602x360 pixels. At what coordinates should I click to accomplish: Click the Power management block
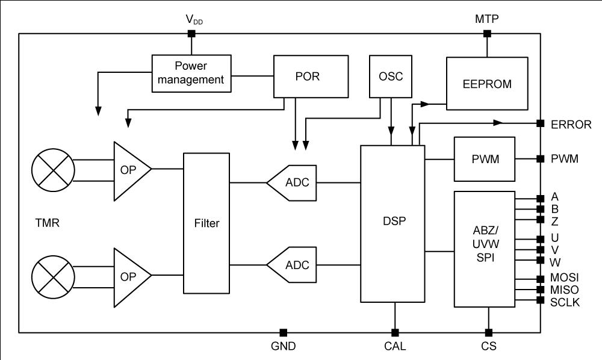tap(191, 73)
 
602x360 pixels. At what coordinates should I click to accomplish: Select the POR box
tap(311, 76)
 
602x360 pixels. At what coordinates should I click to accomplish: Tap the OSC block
tap(391, 76)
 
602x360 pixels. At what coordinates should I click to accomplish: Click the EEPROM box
tap(487, 84)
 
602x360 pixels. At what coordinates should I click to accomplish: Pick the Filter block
tap(206, 223)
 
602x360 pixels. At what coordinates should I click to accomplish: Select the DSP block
tap(393, 224)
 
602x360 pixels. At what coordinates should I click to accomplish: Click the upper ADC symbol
tap(292, 182)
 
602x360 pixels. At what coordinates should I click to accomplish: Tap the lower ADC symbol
tap(292, 265)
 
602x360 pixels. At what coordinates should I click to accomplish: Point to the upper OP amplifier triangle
tap(132, 171)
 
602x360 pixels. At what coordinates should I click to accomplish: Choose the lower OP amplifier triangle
tap(132, 278)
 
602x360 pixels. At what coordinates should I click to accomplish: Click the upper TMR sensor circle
tap(53, 170)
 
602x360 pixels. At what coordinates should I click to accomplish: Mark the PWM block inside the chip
tap(485, 159)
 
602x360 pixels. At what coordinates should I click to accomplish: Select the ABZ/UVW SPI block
tap(485, 249)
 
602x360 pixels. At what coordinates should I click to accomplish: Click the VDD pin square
tap(191, 34)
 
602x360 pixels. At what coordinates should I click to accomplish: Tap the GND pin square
tap(284, 332)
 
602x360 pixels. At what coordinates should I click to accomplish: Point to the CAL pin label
tap(395, 346)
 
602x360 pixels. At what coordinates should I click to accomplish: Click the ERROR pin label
tap(571, 125)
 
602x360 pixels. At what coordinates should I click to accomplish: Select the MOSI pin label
tap(564, 278)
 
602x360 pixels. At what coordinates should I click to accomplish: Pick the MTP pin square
tap(487, 34)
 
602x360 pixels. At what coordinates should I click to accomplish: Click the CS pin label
tap(489, 346)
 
